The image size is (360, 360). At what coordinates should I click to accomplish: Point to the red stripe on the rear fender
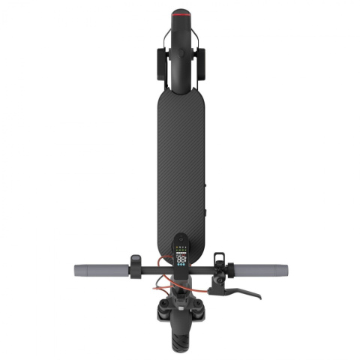coord(180,13)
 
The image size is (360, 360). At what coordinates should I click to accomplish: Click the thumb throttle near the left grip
coord(135,260)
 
